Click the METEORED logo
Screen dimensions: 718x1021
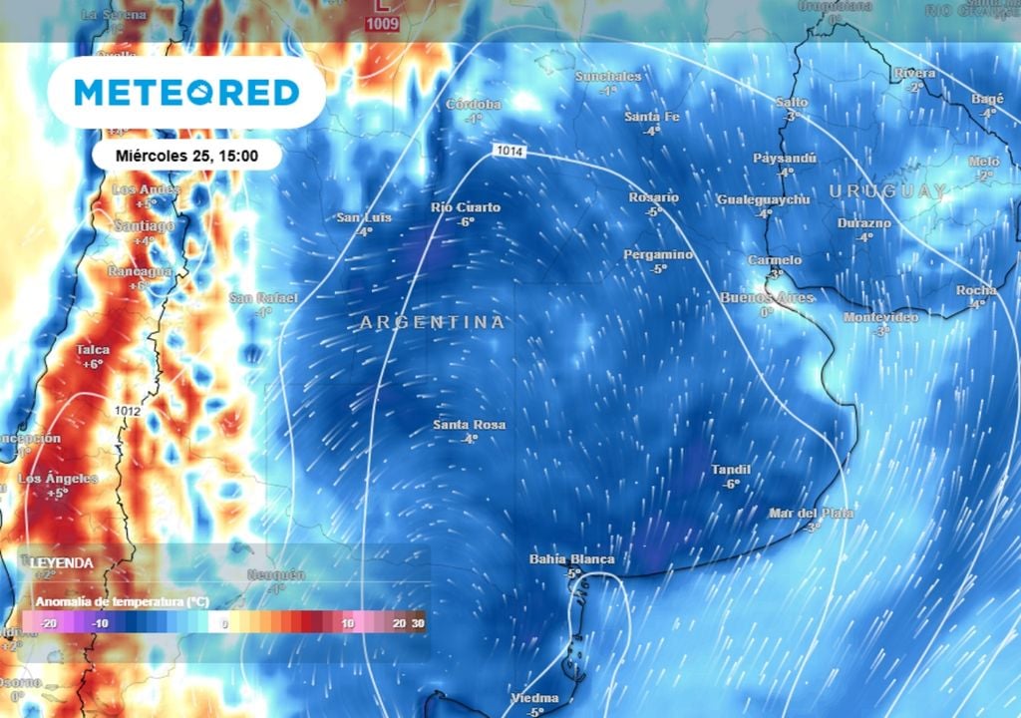(186, 93)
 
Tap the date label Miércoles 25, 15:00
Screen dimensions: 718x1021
(186, 156)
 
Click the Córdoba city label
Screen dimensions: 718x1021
(473, 104)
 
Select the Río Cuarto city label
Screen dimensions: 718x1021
(465, 207)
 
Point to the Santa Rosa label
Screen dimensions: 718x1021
(469, 425)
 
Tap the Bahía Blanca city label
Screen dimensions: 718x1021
(571, 559)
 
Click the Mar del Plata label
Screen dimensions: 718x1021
(811, 513)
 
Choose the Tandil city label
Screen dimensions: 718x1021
(731, 469)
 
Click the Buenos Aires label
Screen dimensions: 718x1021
(767, 297)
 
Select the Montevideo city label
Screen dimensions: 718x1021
(880, 316)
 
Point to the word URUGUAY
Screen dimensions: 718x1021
(886, 190)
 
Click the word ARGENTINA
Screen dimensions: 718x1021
(432, 322)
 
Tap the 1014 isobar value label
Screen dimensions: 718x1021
(508, 150)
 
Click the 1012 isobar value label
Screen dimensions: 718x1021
(127, 410)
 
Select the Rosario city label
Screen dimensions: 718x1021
(653, 197)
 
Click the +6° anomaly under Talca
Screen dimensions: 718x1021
(92, 364)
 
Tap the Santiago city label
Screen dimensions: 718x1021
(144, 225)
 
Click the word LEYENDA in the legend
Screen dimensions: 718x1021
(62, 562)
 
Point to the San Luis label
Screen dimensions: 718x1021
(364, 217)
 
